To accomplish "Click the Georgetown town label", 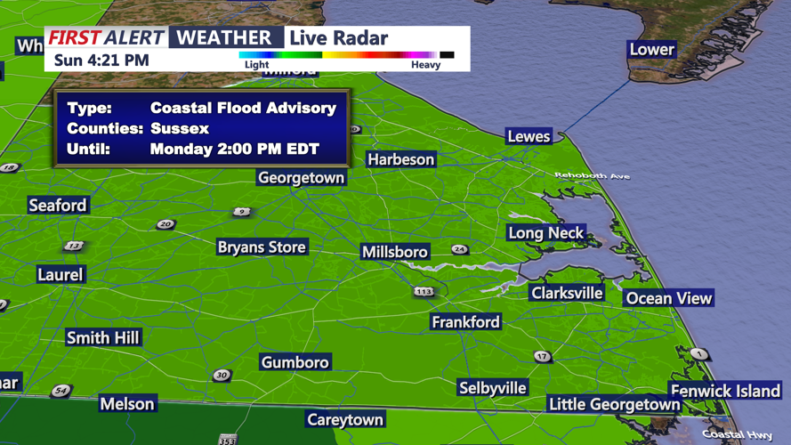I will point(301,178).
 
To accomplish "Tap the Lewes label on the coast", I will point(529,137).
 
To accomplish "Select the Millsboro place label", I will point(395,253).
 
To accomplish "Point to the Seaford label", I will point(58,206).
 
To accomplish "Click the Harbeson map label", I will point(401,160).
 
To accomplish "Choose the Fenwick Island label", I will point(725,391).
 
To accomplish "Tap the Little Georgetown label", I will point(614,404).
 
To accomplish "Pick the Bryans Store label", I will point(262,247).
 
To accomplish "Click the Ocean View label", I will point(669,299).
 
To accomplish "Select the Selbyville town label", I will point(493,388).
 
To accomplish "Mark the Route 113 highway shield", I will point(424,291).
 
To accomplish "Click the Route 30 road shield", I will point(222,376).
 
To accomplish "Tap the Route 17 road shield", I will point(543,357).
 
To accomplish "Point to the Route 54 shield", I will point(61,391).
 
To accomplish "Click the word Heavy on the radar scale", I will point(425,64).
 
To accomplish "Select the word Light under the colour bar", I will point(256,64).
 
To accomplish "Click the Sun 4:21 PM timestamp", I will point(101,61).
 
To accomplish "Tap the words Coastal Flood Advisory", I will point(243,109).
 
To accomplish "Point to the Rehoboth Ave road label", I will point(592,175).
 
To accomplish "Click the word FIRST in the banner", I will point(75,37).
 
